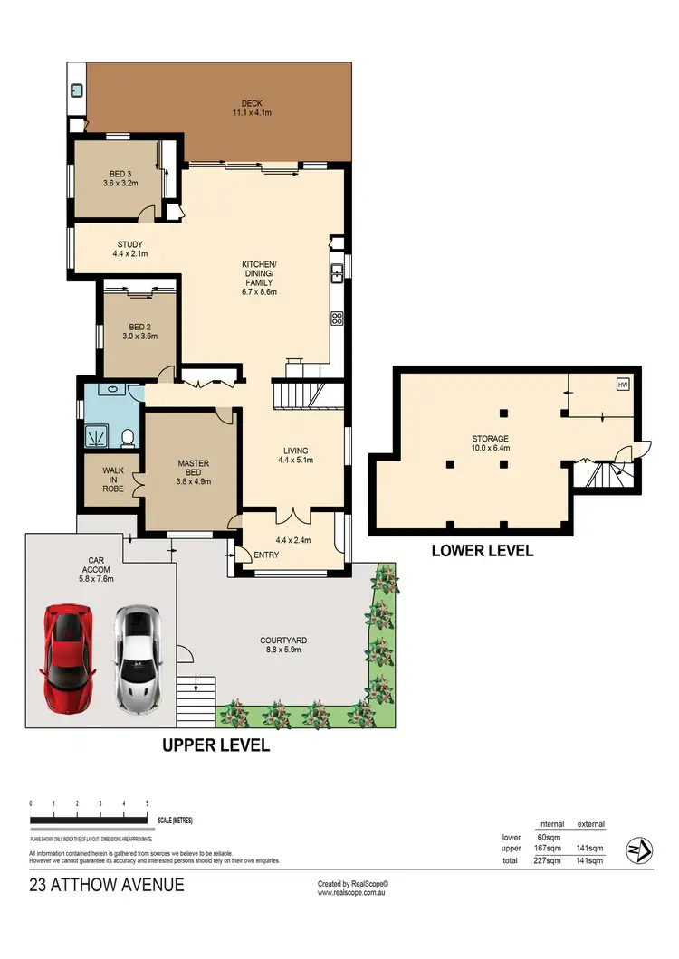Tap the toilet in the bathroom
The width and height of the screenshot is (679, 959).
point(128,438)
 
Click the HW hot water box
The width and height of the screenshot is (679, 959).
point(623,385)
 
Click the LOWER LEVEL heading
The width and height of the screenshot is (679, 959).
point(482,550)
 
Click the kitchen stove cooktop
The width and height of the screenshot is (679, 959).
point(337,318)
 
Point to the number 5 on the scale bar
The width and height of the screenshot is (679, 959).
point(147,803)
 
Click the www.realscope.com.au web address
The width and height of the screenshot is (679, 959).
point(352,892)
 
